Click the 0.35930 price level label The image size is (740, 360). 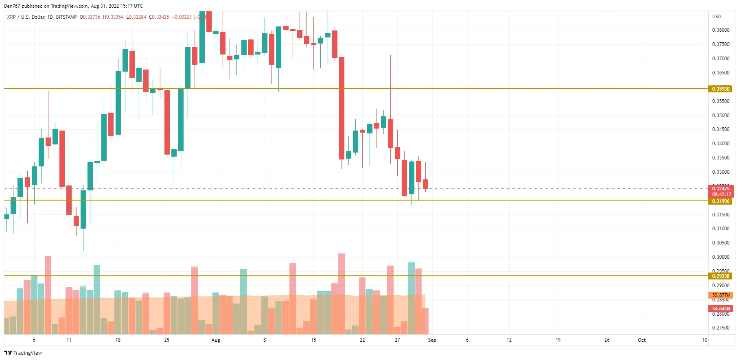[720, 89]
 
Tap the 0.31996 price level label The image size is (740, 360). [720, 201]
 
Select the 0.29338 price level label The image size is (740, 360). [720, 276]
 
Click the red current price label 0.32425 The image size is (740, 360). [720, 188]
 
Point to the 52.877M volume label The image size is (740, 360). [721, 295]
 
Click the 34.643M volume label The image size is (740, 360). [721, 309]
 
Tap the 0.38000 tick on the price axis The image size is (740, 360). [720, 30]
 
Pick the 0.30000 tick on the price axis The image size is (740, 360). [720, 257]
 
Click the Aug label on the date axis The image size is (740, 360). [216, 340]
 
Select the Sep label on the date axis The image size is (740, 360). [432, 340]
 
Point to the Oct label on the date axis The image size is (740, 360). [641, 340]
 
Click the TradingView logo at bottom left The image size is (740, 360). [23, 353]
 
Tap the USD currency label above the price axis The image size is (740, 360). [716, 17]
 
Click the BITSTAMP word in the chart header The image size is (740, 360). [66, 17]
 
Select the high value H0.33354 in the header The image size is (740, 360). [113, 17]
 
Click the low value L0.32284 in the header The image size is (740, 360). [136, 17]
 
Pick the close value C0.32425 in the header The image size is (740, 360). [159, 17]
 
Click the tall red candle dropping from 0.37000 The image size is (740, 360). [342, 108]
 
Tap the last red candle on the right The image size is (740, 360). [425, 184]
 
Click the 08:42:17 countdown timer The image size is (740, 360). [721, 194]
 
